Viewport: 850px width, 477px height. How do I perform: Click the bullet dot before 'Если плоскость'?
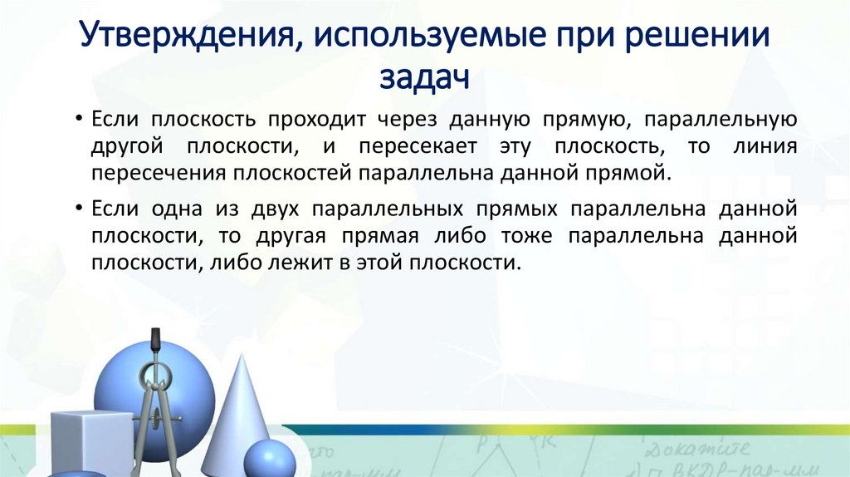coord(76,120)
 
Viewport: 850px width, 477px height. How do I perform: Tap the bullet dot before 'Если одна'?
coord(76,206)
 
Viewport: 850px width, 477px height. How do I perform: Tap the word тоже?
coord(526,234)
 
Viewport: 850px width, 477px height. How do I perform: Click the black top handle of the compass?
coord(154,341)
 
